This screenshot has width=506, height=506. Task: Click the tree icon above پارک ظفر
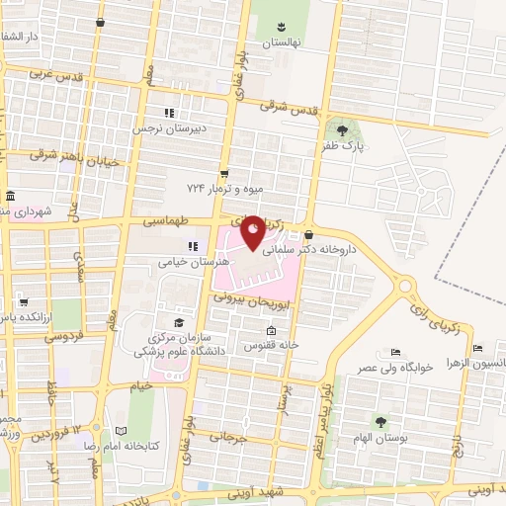(342, 128)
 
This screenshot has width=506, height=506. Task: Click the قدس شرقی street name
(292, 109)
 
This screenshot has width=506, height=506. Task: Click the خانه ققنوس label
(275, 346)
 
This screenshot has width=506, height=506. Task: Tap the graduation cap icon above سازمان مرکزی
(178, 322)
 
